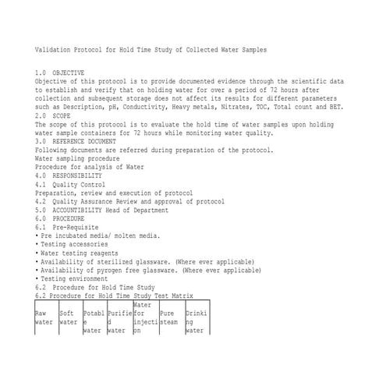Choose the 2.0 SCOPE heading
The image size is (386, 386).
point(53,115)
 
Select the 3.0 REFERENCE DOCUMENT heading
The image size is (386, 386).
point(76,141)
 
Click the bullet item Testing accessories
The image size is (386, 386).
point(74,244)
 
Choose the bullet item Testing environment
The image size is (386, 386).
point(74,278)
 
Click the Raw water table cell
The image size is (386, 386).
point(44,317)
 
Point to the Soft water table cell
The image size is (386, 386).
point(68,317)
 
